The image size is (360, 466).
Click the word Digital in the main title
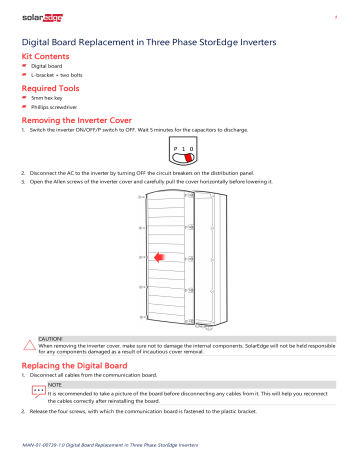pyautogui.click(x=41, y=44)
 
